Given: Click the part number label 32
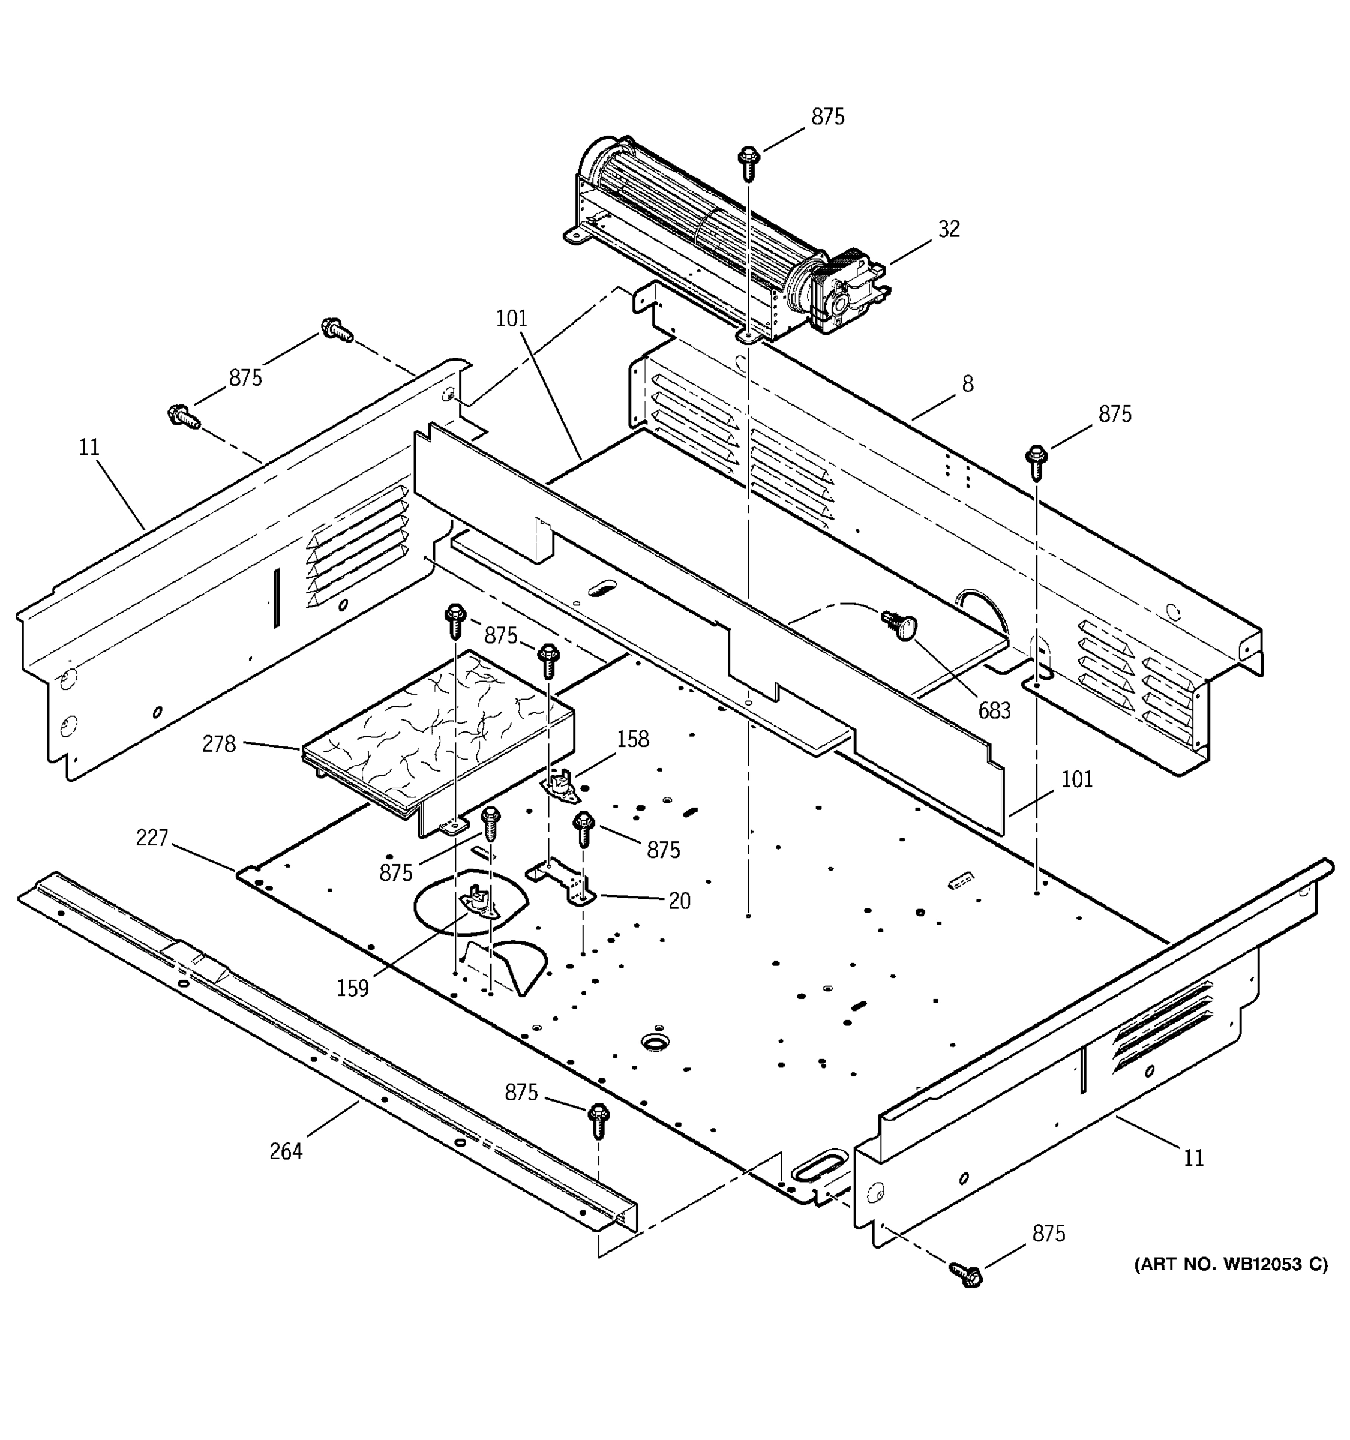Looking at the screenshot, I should [x=949, y=230].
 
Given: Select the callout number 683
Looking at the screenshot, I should [x=994, y=710].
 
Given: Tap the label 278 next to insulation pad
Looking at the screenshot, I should [x=219, y=744].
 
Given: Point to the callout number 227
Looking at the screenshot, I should [x=152, y=838].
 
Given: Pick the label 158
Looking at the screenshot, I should [x=632, y=740].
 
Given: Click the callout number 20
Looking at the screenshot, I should [x=679, y=901].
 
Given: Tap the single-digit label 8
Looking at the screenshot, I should [x=968, y=384].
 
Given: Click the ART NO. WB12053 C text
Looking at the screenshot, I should [x=1231, y=1264].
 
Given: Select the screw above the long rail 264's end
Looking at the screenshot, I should [x=599, y=1119].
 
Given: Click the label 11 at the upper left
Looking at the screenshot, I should [x=88, y=448].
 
